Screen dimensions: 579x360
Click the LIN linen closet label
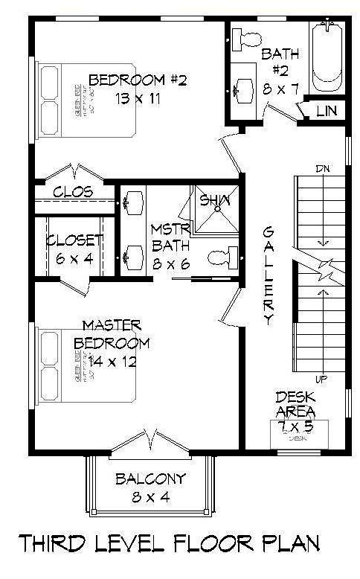click(327, 111)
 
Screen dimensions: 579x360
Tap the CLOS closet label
click(73, 192)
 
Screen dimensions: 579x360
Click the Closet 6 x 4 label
click(74, 249)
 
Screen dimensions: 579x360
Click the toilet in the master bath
click(224, 258)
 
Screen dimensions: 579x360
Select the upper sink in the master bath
click(134, 200)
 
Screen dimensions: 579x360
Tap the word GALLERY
click(269, 276)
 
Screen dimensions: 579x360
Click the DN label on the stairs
click(321, 167)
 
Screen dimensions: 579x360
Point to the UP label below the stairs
click(321, 379)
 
